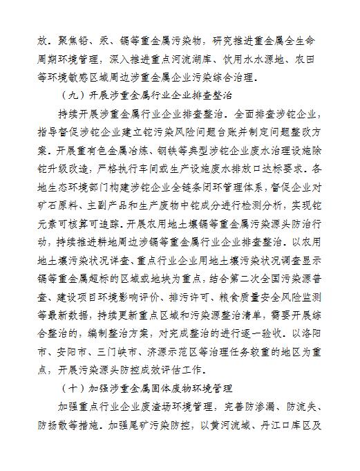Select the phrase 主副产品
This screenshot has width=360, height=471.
(x=113, y=206)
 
